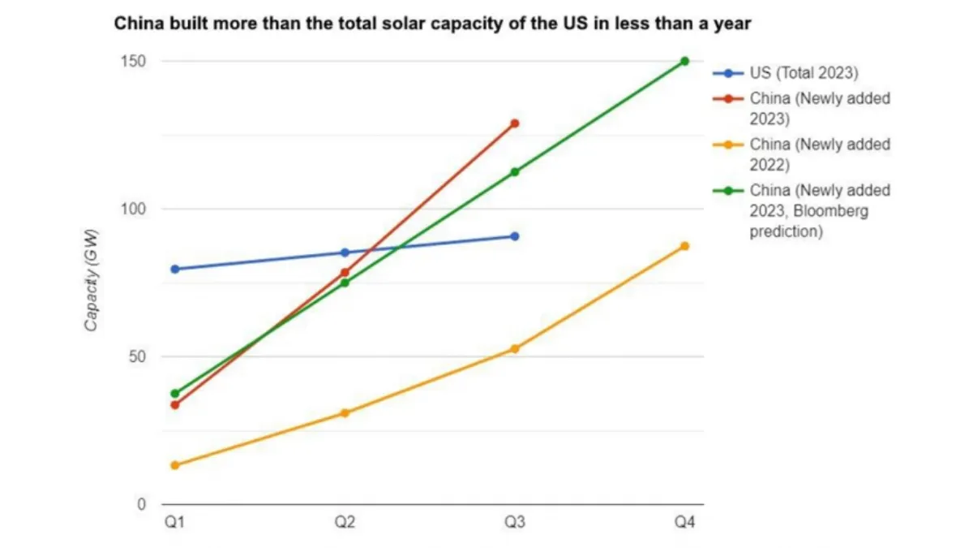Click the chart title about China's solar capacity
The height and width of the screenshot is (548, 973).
[432, 24]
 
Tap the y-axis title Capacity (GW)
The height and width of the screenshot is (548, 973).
[92, 280]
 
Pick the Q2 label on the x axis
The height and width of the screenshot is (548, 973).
[345, 523]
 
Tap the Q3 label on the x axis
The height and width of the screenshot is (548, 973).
[514, 523]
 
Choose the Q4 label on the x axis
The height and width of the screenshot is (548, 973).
[684, 523]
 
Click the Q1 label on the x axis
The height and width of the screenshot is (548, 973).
[174, 523]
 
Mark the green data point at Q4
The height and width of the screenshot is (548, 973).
[684, 61]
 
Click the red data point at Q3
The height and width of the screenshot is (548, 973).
[514, 123]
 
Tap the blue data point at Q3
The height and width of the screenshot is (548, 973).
[514, 236]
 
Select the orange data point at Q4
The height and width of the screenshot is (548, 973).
[684, 246]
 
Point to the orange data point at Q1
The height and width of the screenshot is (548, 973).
[174, 465]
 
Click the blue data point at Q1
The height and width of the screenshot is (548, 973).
[174, 269]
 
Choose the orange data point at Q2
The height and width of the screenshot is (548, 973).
[345, 413]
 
